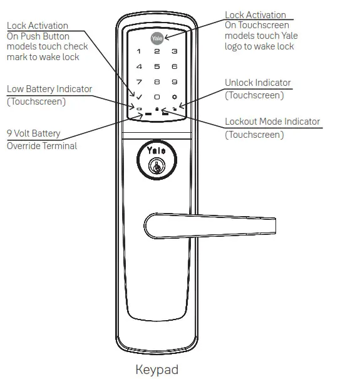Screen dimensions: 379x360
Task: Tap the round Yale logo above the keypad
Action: pyautogui.click(x=157, y=37)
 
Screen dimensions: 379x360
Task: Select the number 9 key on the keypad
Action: pyautogui.click(x=175, y=82)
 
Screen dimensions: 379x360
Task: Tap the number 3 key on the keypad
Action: pyautogui.click(x=175, y=51)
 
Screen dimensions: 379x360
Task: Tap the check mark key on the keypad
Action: pyautogui.click(x=138, y=98)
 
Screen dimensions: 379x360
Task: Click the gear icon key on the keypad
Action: pyautogui.click(x=175, y=98)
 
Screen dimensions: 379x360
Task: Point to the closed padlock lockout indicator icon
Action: pyautogui.click(x=157, y=108)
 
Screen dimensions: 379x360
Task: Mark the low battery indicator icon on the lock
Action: pyautogui.click(x=138, y=109)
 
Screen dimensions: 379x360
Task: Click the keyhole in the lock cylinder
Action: pyautogui.click(x=156, y=167)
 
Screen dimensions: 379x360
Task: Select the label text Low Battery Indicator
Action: pyautogui.click(x=49, y=89)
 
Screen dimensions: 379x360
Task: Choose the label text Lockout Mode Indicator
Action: pyautogui.click(x=272, y=122)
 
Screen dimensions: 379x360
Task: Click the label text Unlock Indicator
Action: pyautogui.click(x=258, y=83)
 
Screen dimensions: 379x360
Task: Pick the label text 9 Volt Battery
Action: pyautogui.click(x=34, y=133)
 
